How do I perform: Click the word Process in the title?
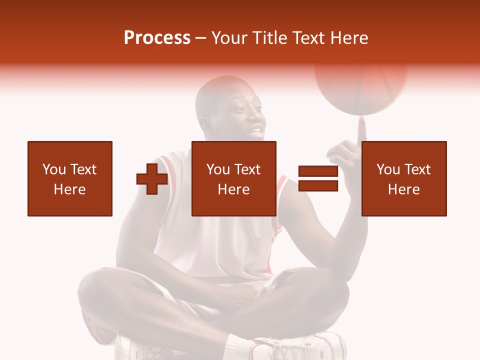(157, 37)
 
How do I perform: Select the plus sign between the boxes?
(152, 179)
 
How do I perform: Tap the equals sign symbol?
(318, 179)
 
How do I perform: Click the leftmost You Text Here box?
(69, 178)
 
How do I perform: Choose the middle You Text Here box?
(233, 178)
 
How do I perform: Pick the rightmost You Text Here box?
(403, 178)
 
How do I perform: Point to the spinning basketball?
(360, 85)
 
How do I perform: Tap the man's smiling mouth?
(255, 132)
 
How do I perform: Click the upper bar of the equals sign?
(318, 171)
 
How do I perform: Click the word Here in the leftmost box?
(69, 189)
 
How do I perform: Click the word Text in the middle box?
(247, 169)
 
